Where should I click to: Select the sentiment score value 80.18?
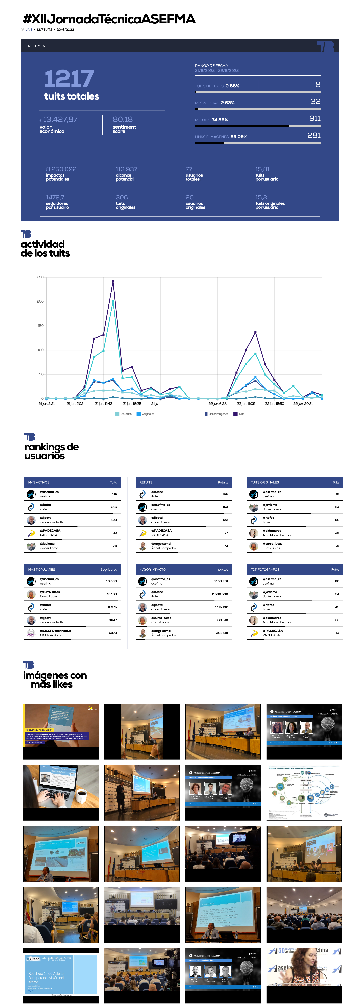[123, 119]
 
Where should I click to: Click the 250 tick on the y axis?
[40, 277]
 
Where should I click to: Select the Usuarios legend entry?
[124, 414]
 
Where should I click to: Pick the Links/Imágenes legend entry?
[217, 414]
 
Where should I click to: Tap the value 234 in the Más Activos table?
[113, 494]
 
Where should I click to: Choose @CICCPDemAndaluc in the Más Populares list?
[56, 631]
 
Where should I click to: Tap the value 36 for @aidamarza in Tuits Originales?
[337, 533]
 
